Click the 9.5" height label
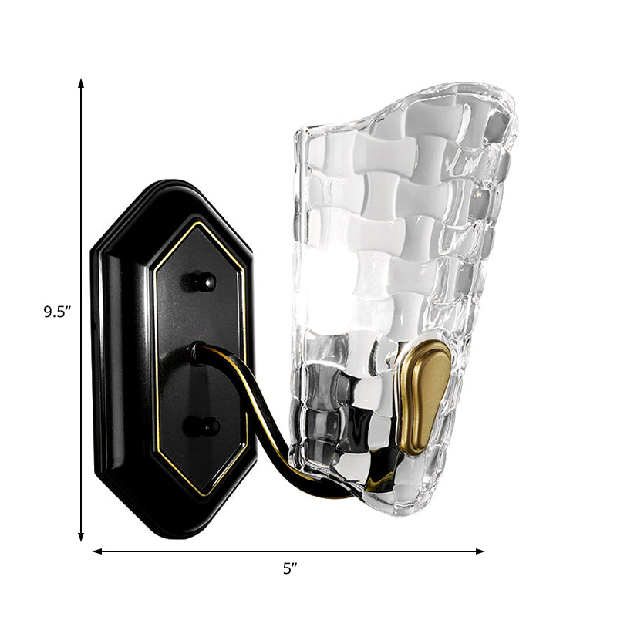point(57,312)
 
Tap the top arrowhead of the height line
point(81,82)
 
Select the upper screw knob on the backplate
point(203,282)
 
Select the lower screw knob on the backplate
point(204,426)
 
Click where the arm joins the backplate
point(198,352)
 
